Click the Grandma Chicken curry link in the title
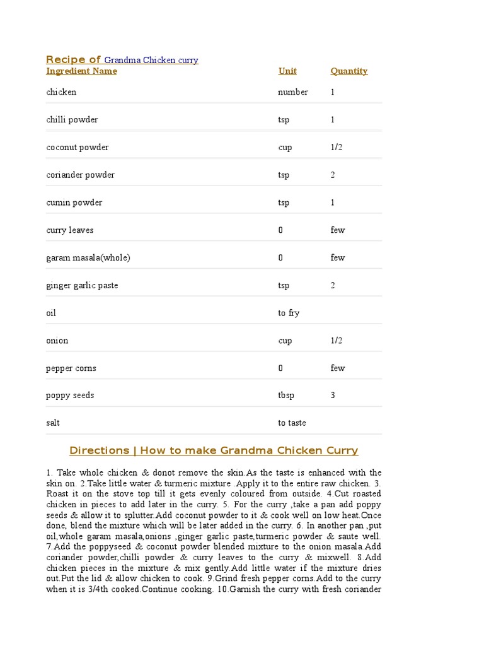tap(151, 61)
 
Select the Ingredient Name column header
tap(81, 71)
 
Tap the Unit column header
tap(287, 71)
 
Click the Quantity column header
tap(349, 71)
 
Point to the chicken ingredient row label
tap(61, 92)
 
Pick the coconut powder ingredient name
tap(77, 148)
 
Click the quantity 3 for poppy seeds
tap(333, 396)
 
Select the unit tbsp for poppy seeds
tap(286, 396)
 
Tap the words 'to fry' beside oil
tap(289, 313)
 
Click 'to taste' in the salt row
tap(292, 423)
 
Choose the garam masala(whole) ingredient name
tap(88, 258)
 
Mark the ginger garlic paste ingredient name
tap(82, 286)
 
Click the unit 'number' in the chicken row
tap(293, 92)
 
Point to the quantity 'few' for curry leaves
tap(338, 230)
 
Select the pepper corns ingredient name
tap(71, 368)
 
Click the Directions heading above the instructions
tap(214, 450)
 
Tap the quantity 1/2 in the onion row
tap(337, 341)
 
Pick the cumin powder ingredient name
tap(74, 203)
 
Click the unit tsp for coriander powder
tap(284, 175)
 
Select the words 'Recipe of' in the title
tap(73, 60)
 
